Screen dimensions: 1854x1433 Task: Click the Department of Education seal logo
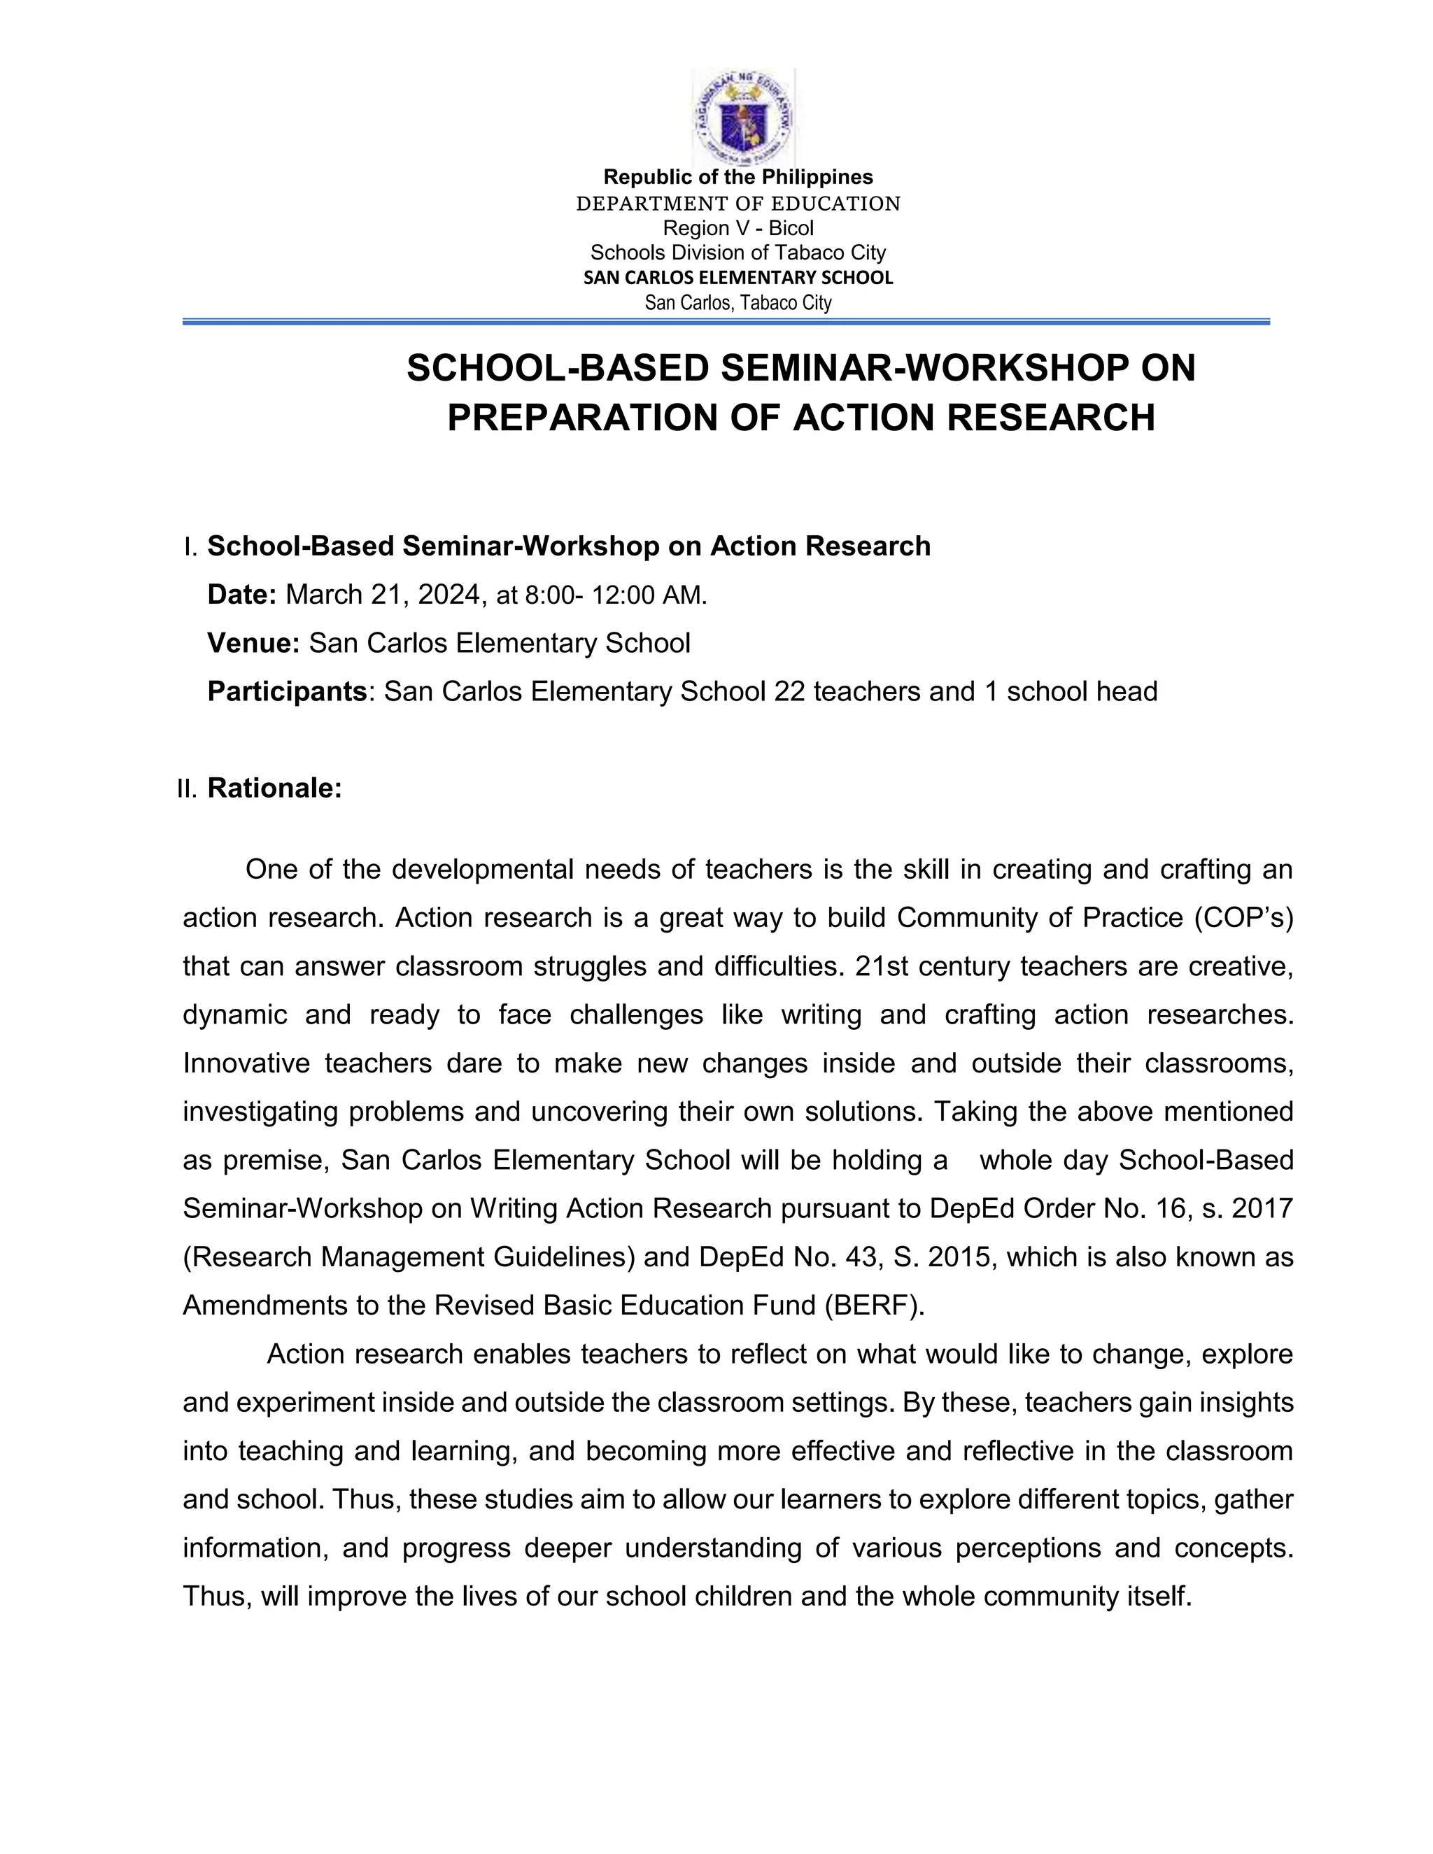click(x=743, y=117)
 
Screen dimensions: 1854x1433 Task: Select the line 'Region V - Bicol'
click(x=737, y=227)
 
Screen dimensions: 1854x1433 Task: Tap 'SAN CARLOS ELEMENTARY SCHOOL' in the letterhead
click(x=737, y=278)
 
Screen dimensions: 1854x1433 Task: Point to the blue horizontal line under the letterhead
click(x=726, y=322)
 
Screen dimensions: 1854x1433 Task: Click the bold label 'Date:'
click(x=242, y=594)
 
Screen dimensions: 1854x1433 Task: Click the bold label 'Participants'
click(x=287, y=691)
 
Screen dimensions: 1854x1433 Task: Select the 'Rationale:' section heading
click(x=274, y=788)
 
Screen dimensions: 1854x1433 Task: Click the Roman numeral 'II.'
click(x=187, y=788)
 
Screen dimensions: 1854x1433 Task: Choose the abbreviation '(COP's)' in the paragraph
click(x=1243, y=918)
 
